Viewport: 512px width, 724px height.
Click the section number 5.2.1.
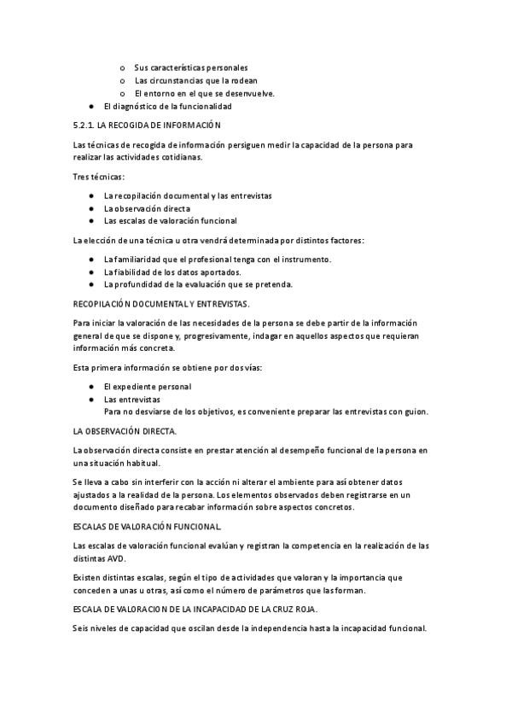tap(84, 126)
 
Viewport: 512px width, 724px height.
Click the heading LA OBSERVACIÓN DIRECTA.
tap(125, 431)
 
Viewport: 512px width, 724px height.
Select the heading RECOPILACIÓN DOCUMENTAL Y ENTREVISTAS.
tap(161, 303)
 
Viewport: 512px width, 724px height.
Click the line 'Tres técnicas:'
tap(99, 177)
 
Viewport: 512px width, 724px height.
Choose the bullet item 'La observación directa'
tap(147, 208)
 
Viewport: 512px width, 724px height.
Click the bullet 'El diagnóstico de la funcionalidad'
tap(167, 107)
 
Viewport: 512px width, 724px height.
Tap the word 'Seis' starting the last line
tap(82, 629)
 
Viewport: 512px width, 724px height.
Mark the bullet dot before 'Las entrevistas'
tap(91, 399)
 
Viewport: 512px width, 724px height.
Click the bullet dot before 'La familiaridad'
tap(91, 260)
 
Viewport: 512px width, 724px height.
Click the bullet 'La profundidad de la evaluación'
tap(198, 284)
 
